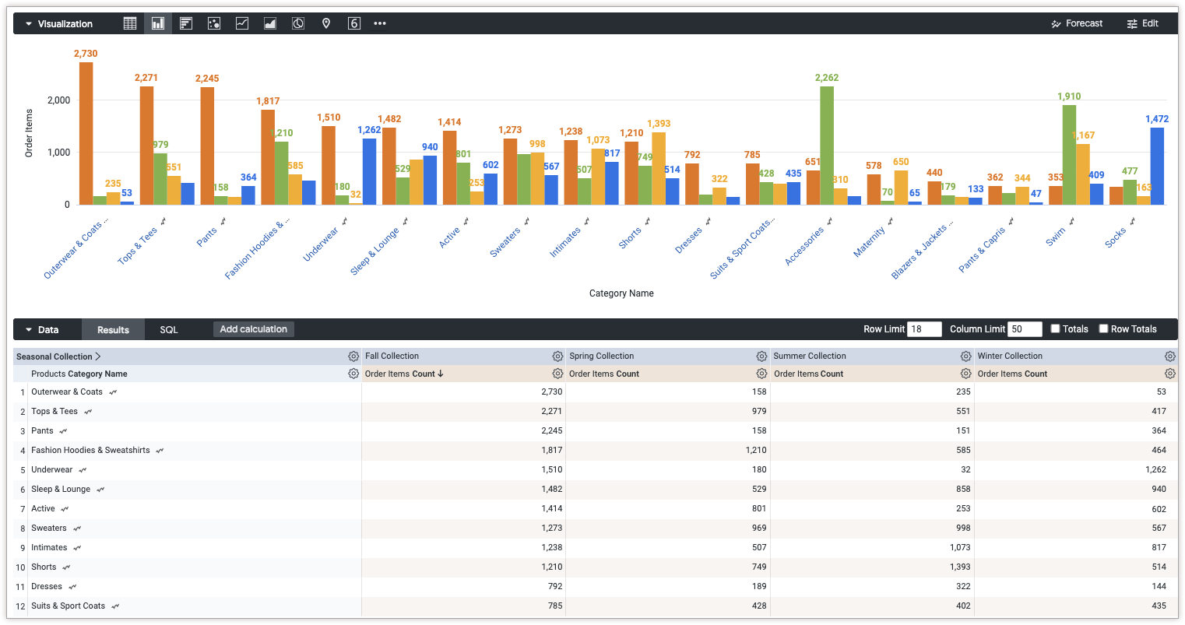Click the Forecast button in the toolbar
click(x=1077, y=23)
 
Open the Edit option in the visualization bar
click(x=1142, y=23)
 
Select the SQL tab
click(x=169, y=330)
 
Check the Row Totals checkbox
click(x=1103, y=328)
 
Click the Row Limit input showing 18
click(x=924, y=329)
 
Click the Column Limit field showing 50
click(x=1025, y=329)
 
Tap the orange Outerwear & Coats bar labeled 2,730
click(x=86, y=133)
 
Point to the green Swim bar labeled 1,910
click(x=1070, y=155)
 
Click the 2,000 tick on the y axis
click(x=58, y=100)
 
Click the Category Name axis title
click(x=621, y=293)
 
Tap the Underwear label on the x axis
click(x=321, y=244)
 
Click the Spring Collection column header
click(x=602, y=356)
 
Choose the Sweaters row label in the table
click(x=49, y=528)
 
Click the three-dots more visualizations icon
click(x=380, y=23)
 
